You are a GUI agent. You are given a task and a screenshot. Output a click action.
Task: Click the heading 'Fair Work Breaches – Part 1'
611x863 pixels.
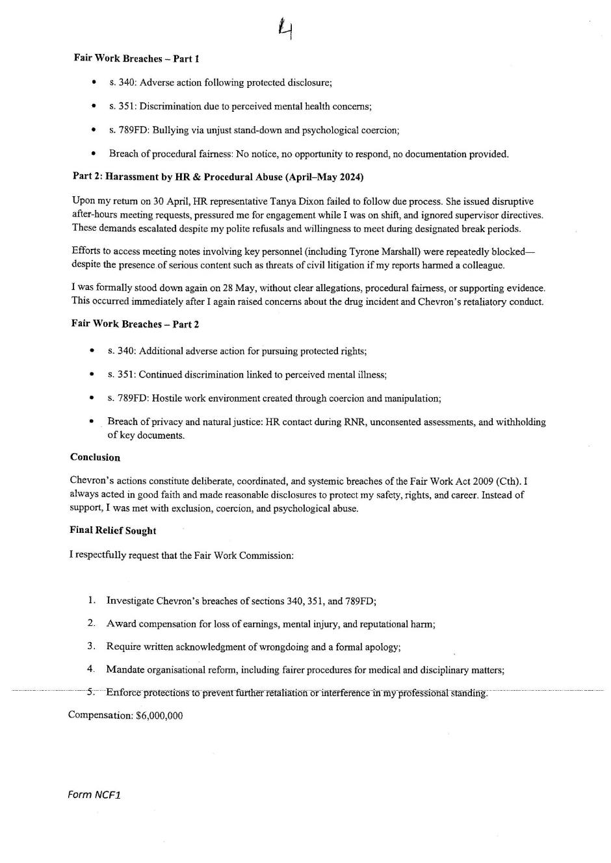coord(136,58)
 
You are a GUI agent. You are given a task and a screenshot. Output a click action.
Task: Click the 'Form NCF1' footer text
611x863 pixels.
coord(94,795)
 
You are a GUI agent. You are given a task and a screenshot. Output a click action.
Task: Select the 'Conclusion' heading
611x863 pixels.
coord(95,457)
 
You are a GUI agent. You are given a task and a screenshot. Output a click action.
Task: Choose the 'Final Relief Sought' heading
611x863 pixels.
coord(112,531)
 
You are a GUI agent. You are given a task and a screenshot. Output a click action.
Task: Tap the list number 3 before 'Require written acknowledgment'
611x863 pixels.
coord(92,647)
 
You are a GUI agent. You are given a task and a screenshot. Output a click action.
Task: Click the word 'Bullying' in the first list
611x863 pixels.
coord(170,130)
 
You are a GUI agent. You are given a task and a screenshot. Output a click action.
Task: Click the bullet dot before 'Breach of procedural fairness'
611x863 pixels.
coord(94,154)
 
